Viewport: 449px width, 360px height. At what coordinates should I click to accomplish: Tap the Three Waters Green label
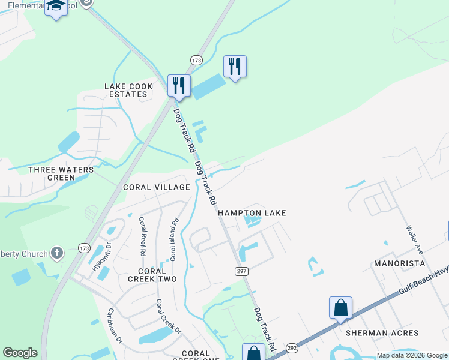click(x=61, y=173)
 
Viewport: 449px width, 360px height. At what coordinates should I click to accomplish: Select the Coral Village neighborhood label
click(x=156, y=187)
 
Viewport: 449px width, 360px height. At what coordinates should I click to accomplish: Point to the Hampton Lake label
click(x=252, y=213)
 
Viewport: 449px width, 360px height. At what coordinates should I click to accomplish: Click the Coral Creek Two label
click(x=152, y=275)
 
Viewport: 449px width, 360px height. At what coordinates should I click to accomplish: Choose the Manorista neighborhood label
click(x=399, y=263)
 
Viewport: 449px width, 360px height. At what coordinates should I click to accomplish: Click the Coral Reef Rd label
click(x=143, y=236)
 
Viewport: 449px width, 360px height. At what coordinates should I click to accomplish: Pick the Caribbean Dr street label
click(x=115, y=325)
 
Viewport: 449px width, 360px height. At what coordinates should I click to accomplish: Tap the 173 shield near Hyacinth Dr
click(x=83, y=248)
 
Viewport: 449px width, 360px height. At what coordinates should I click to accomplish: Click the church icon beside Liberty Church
click(x=57, y=254)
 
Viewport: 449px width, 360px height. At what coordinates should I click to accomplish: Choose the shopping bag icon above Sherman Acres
click(x=340, y=308)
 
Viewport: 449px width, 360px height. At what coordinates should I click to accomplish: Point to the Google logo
click(x=20, y=353)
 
